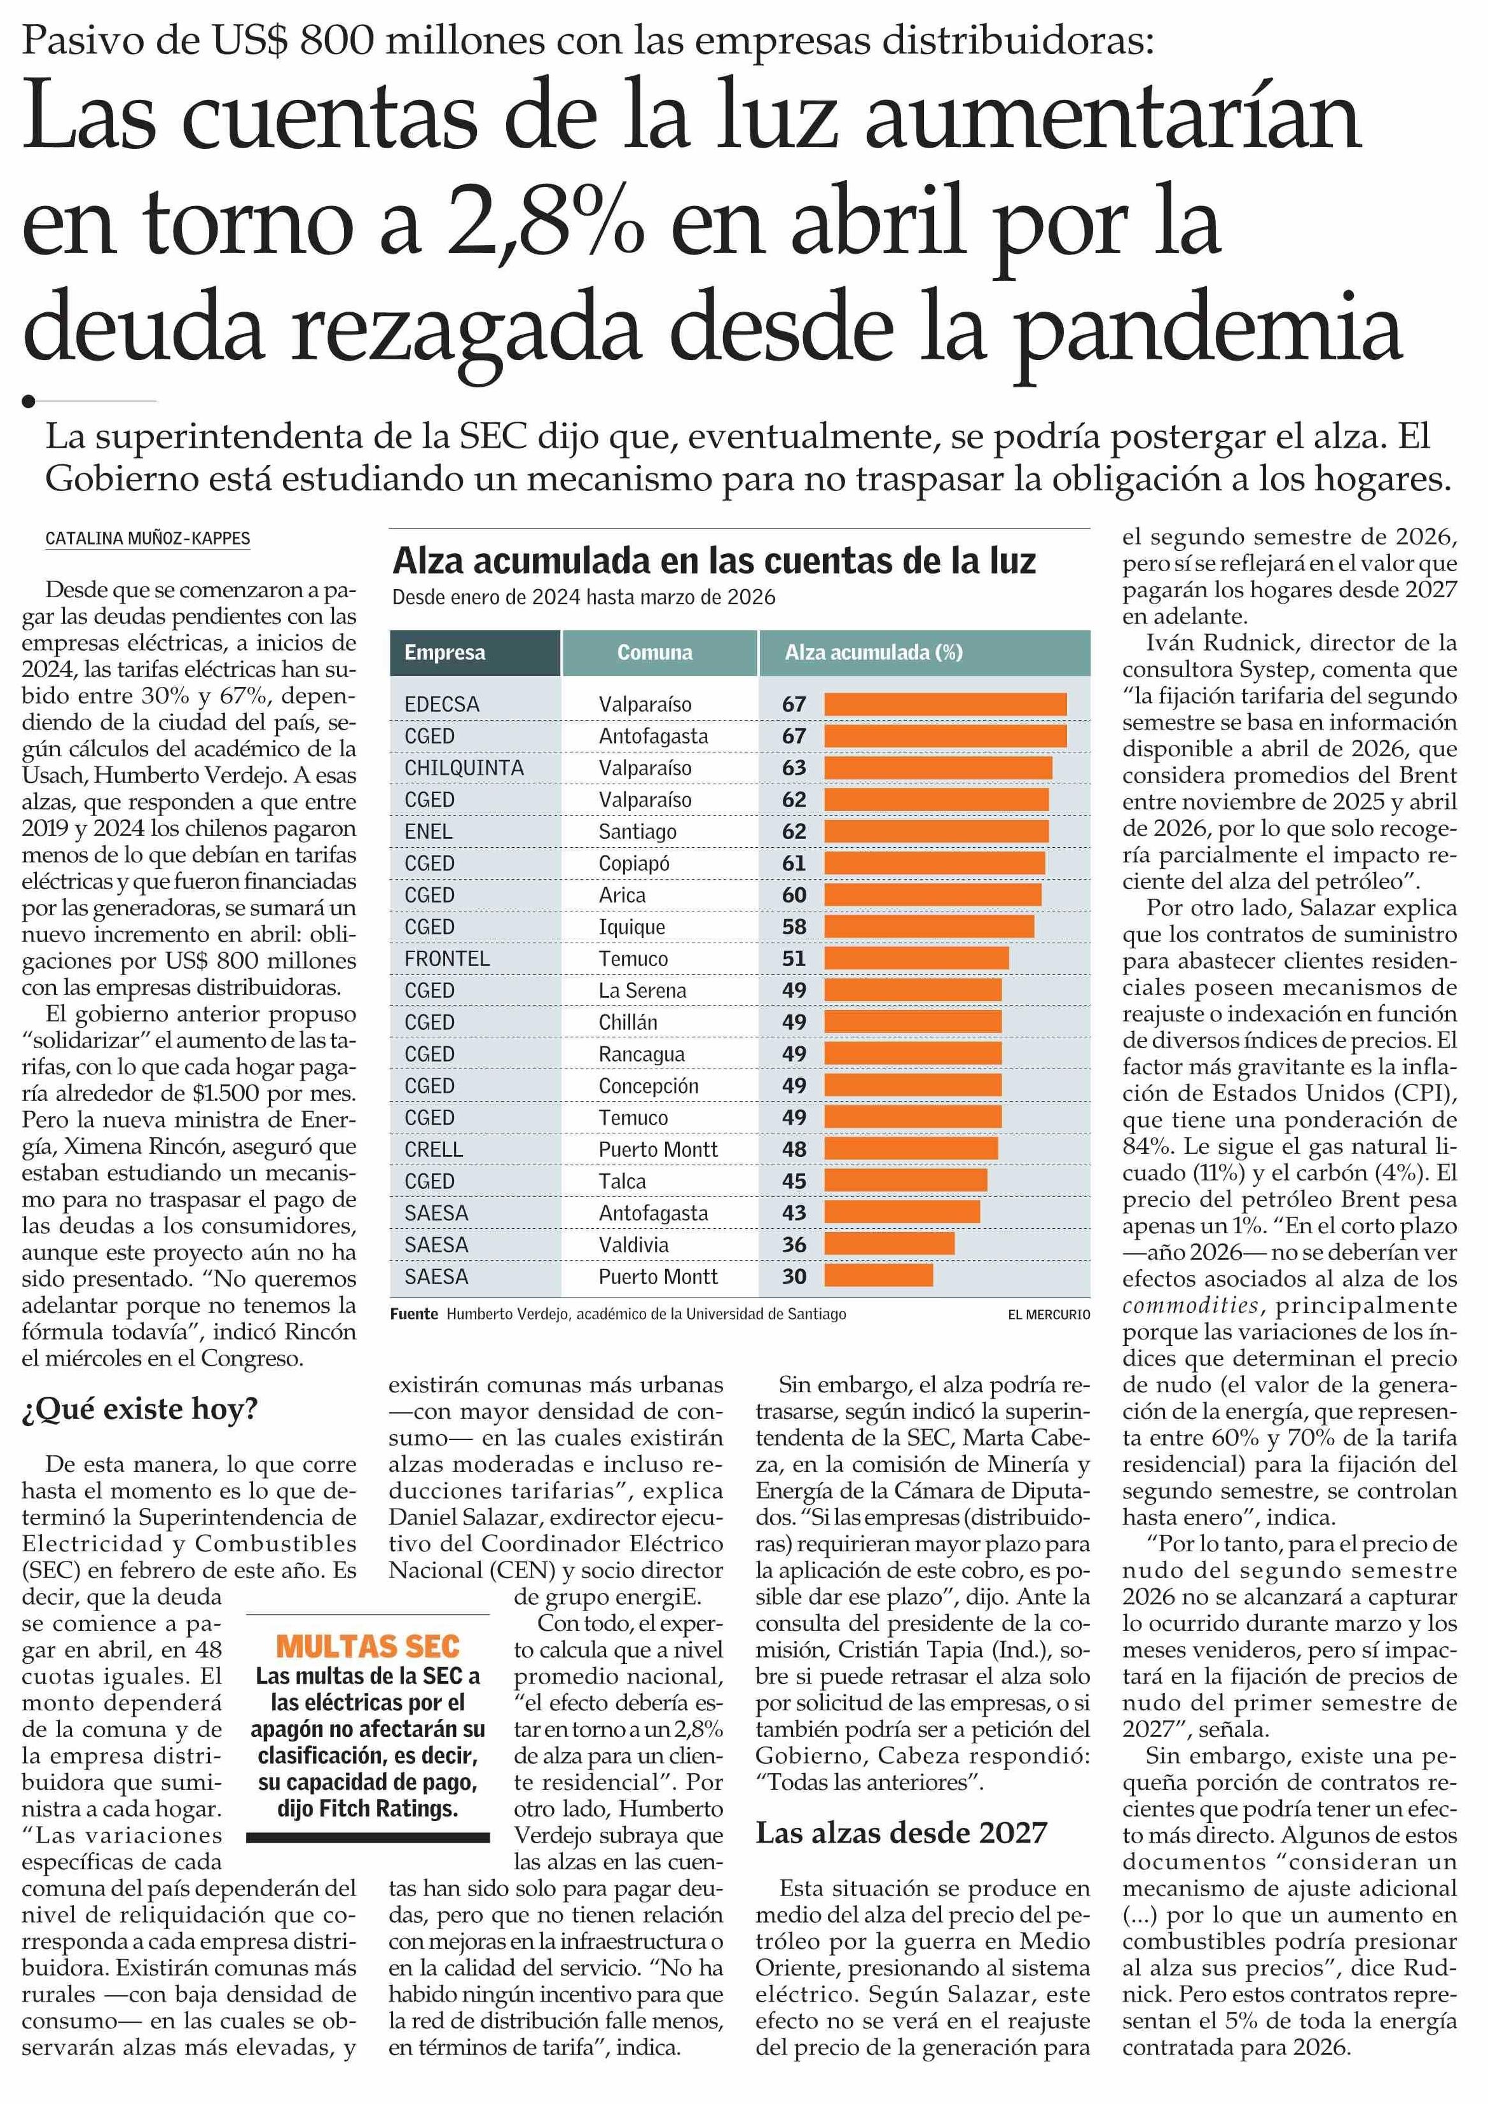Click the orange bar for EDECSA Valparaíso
(945, 704)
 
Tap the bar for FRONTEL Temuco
(916, 959)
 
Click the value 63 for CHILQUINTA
(794, 768)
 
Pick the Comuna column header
(654, 653)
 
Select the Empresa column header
(444, 653)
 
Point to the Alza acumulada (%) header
(873, 653)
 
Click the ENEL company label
(428, 831)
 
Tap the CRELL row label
(434, 1149)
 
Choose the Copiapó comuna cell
(634, 863)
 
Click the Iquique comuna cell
(631, 927)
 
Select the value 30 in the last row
(794, 1277)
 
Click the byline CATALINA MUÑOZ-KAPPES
(148, 539)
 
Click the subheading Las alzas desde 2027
(900, 1832)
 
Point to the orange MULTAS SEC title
(368, 1646)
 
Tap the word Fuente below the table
(414, 1314)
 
